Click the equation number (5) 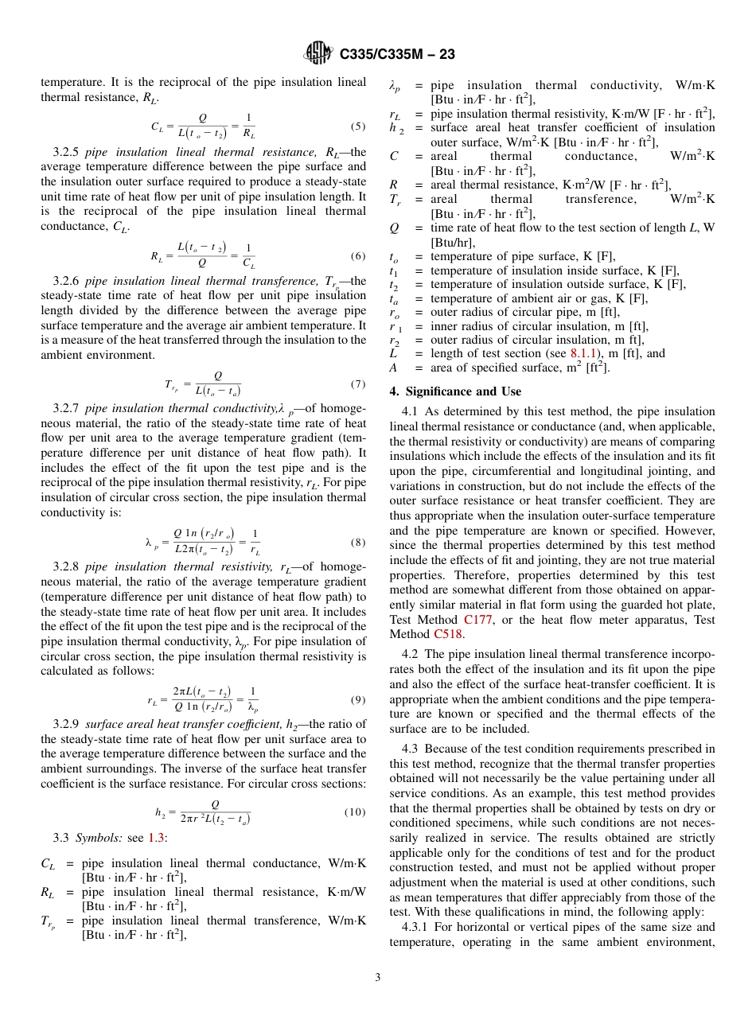tap(357, 127)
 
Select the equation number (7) tap(357, 384)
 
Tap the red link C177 tap(477, 620)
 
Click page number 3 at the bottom tap(378, 978)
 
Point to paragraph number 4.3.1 tap(419, 927)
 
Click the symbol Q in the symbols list tap(394, 228)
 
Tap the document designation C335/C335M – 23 tap(397, 55)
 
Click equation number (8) tap(357, 543)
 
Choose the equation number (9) tap(357, 700)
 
